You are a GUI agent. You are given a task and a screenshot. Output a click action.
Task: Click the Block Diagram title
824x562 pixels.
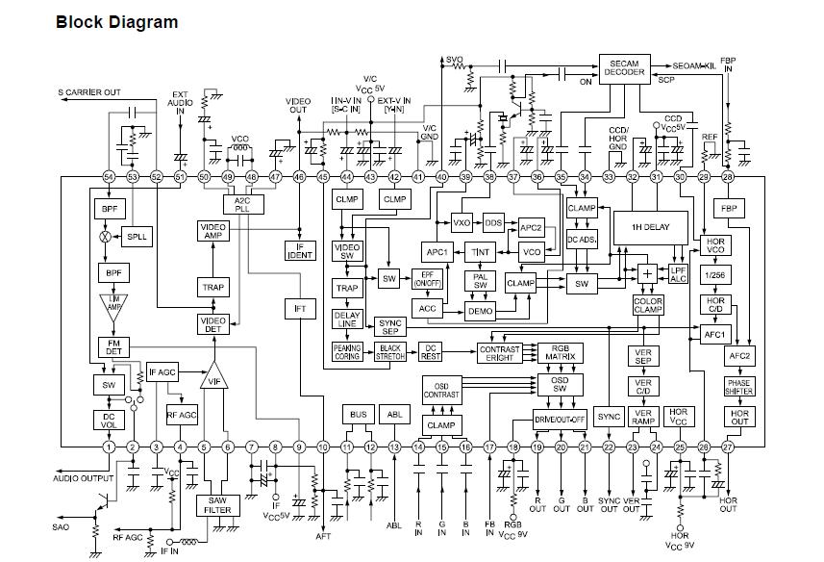click(116, 22)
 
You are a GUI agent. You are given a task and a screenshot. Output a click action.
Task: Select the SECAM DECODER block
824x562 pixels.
click(625, 70)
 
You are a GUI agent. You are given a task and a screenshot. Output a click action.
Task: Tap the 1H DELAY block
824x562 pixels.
click(650, 226)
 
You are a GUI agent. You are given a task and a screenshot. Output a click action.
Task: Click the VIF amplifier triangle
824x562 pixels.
click(214, 375)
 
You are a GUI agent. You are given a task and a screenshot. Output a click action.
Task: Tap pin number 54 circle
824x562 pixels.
click(108, 177)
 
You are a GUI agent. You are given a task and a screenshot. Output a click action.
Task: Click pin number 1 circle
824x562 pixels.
click(108, 447)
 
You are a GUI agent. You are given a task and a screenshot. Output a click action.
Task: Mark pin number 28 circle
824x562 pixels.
click(728, 177)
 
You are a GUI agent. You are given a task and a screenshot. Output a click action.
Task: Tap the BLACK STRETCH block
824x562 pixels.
click(389, 353)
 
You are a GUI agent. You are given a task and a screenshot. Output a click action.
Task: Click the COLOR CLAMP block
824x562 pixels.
click(648, 306)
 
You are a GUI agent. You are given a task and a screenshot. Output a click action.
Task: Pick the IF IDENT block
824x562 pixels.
click(300, 251)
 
